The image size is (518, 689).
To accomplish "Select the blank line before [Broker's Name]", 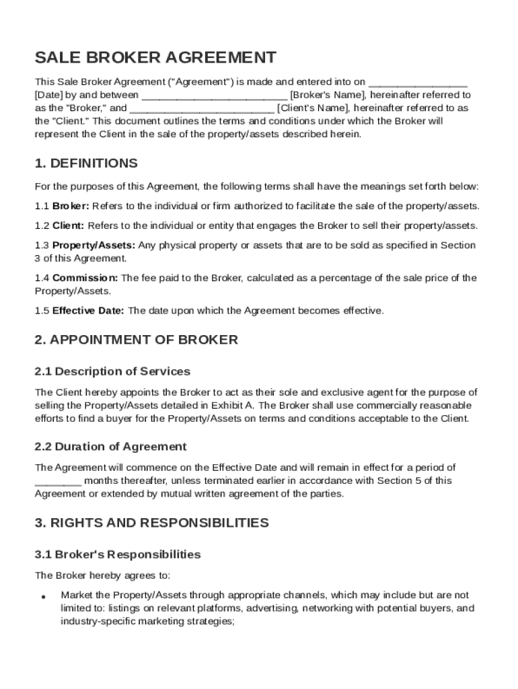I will pos(214,96).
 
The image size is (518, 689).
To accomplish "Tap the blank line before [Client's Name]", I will pos(202,108).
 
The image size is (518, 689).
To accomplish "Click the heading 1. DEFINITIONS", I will pos(86,164).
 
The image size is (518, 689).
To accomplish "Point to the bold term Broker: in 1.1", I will pos(71,206).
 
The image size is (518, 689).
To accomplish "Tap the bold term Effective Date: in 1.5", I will pos(88,311).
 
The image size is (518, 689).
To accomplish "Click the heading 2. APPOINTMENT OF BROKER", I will pos(136,340).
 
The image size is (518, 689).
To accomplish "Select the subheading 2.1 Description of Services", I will pos(112,371).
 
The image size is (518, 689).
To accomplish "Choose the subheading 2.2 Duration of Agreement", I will pos(110,447).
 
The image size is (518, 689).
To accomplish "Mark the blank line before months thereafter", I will pos(58,480).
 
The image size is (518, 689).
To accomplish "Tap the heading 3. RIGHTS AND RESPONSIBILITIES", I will pos(151,523).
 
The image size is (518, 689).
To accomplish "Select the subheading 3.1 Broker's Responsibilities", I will pos(118,555).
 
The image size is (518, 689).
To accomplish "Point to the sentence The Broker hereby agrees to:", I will pos(103,576).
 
